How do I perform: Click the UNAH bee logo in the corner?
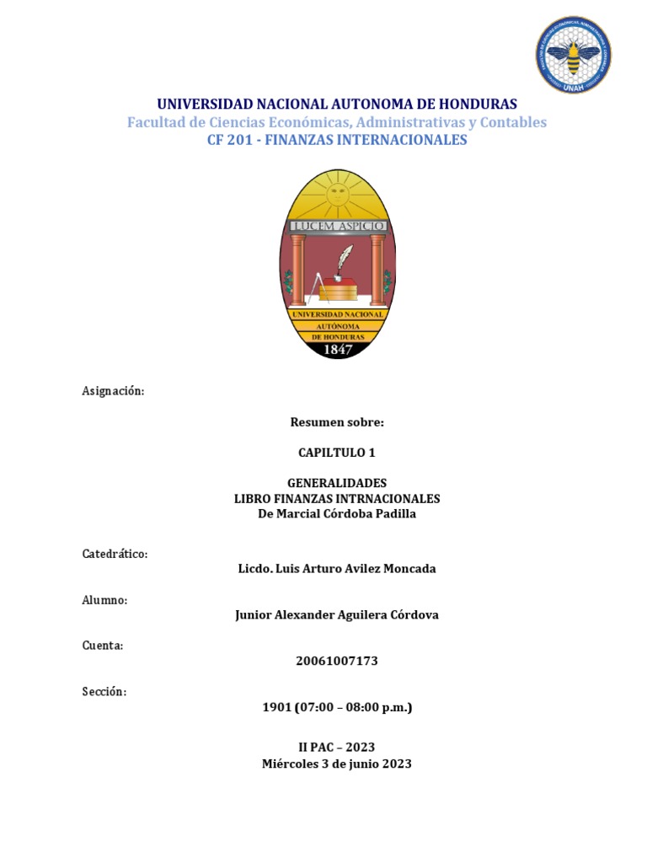(574, 56)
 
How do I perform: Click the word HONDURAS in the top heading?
(473, 105)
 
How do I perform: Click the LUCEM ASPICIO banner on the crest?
(337, 226)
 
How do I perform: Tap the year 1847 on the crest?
(337, 350)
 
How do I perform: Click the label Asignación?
(113, 391)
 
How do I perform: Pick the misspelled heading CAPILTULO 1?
(337, 453)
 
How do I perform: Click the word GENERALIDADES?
(337, 483)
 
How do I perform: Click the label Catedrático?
(115, 554)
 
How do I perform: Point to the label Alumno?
(104, 600)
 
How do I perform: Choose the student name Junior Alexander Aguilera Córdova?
(337, 615)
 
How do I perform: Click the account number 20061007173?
(337, 661)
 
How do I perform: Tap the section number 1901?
(276, 707)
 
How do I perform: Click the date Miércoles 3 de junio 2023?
(337, 764)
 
